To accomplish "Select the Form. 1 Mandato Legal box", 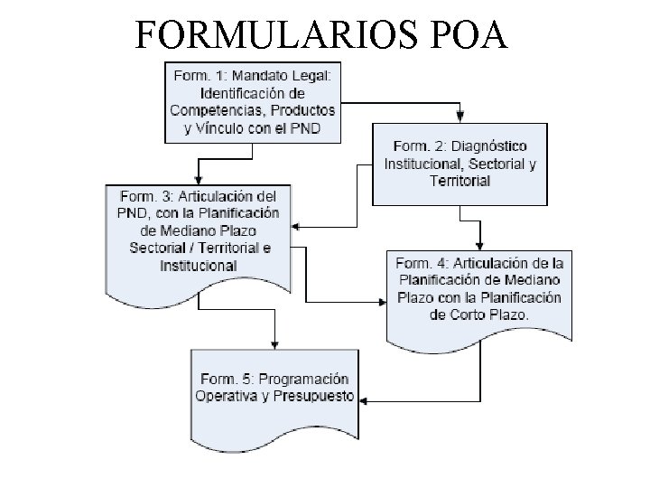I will coord(253,102).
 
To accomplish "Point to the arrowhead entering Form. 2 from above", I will coord(461,116).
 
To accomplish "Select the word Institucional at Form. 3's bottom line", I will coord(199,266).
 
